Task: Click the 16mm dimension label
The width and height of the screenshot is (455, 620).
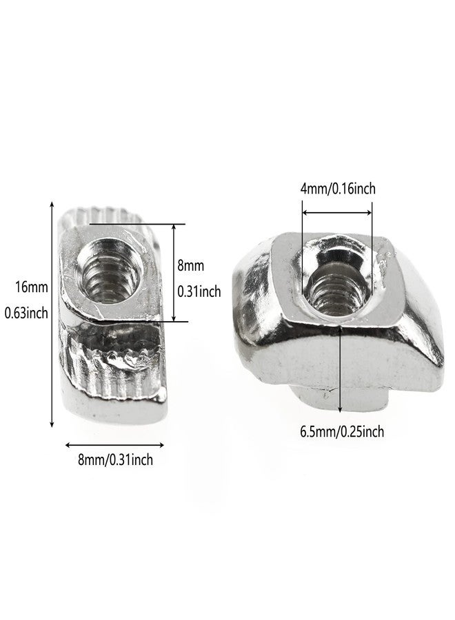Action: click(32, 287)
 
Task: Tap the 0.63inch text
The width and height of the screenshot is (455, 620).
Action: click(26, 313)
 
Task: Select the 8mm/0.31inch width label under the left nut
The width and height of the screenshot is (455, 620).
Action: click(115, 459)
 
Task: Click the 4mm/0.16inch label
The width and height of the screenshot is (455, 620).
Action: click(338, 189)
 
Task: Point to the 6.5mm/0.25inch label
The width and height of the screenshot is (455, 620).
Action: click(342, 431)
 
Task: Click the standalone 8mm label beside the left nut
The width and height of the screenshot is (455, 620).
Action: click(191, 265)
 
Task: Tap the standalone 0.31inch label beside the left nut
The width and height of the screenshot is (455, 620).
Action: click(199, 292)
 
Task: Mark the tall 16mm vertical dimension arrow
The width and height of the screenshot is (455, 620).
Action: click(52, 314)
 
